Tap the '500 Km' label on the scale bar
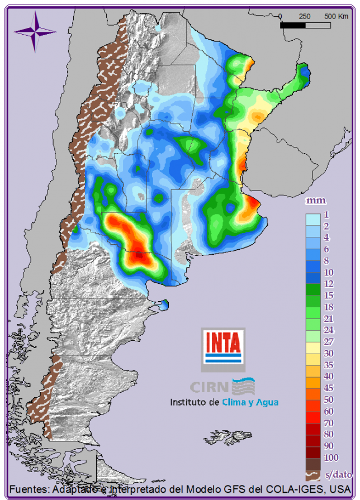coord(336,16)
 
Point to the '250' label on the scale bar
coord(305,16)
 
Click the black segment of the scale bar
coord(292,25)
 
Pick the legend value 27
coord(329,341)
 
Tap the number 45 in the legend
coord(329,388)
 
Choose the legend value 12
coord(329,283)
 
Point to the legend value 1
coord(326,215)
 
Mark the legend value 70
coord(329,423)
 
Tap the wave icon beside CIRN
coord(243,385)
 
